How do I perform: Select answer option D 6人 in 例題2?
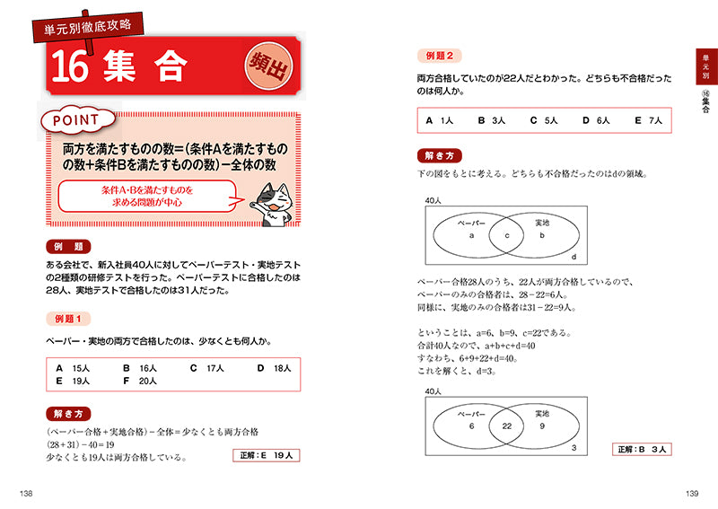point(596,119)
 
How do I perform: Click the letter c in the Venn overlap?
point(506,235)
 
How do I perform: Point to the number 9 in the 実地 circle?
point(542,426)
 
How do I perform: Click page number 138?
point(26,493)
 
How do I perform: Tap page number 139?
point(691,493)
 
